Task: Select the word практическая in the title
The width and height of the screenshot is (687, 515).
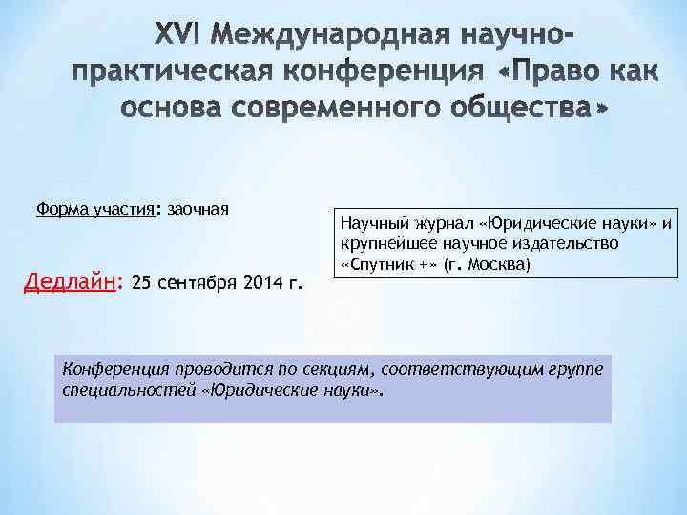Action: tap(171, 73)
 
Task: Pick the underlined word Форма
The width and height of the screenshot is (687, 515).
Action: tap(60, 209)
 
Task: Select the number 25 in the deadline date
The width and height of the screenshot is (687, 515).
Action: tap(140, 283)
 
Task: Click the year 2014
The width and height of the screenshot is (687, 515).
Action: tap(262, 283)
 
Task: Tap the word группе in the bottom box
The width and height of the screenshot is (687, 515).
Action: tap(576, 370)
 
